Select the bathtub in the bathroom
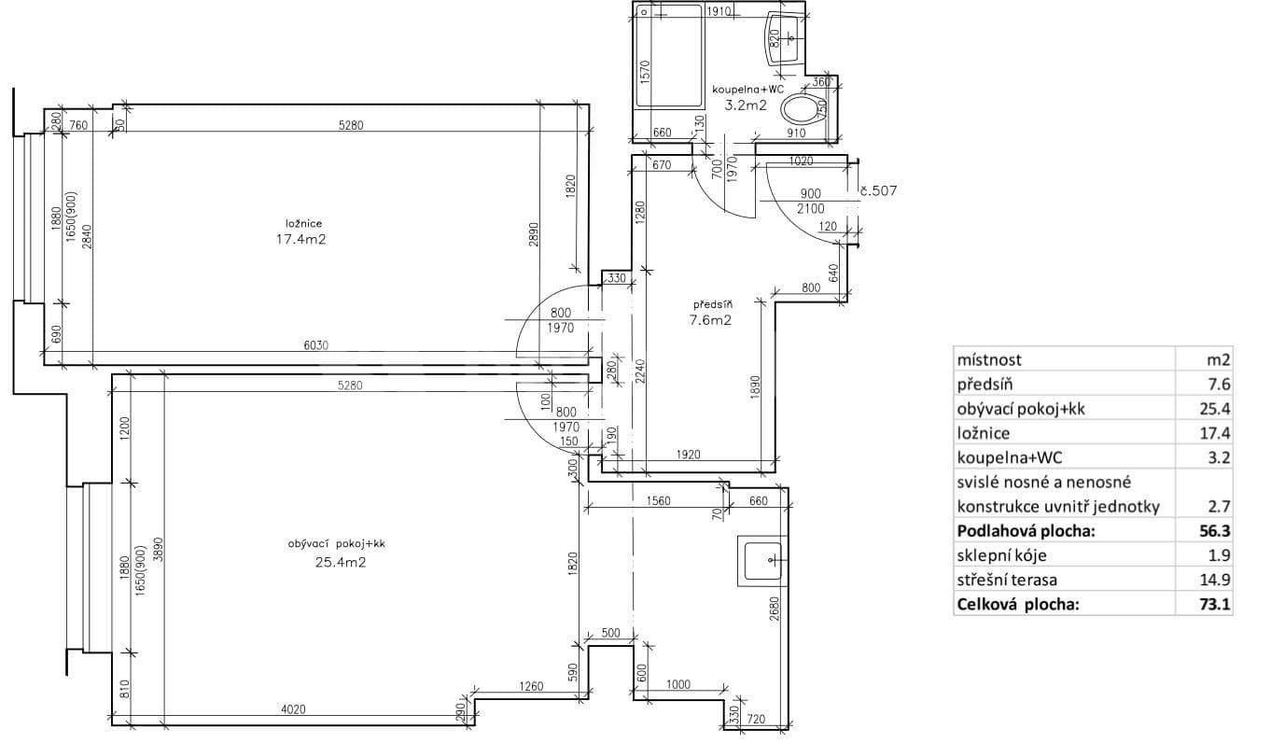(669, 58)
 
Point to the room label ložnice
(303, 223)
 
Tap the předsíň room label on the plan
(712, 304)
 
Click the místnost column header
(988, 359)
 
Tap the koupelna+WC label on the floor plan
(746, 90)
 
